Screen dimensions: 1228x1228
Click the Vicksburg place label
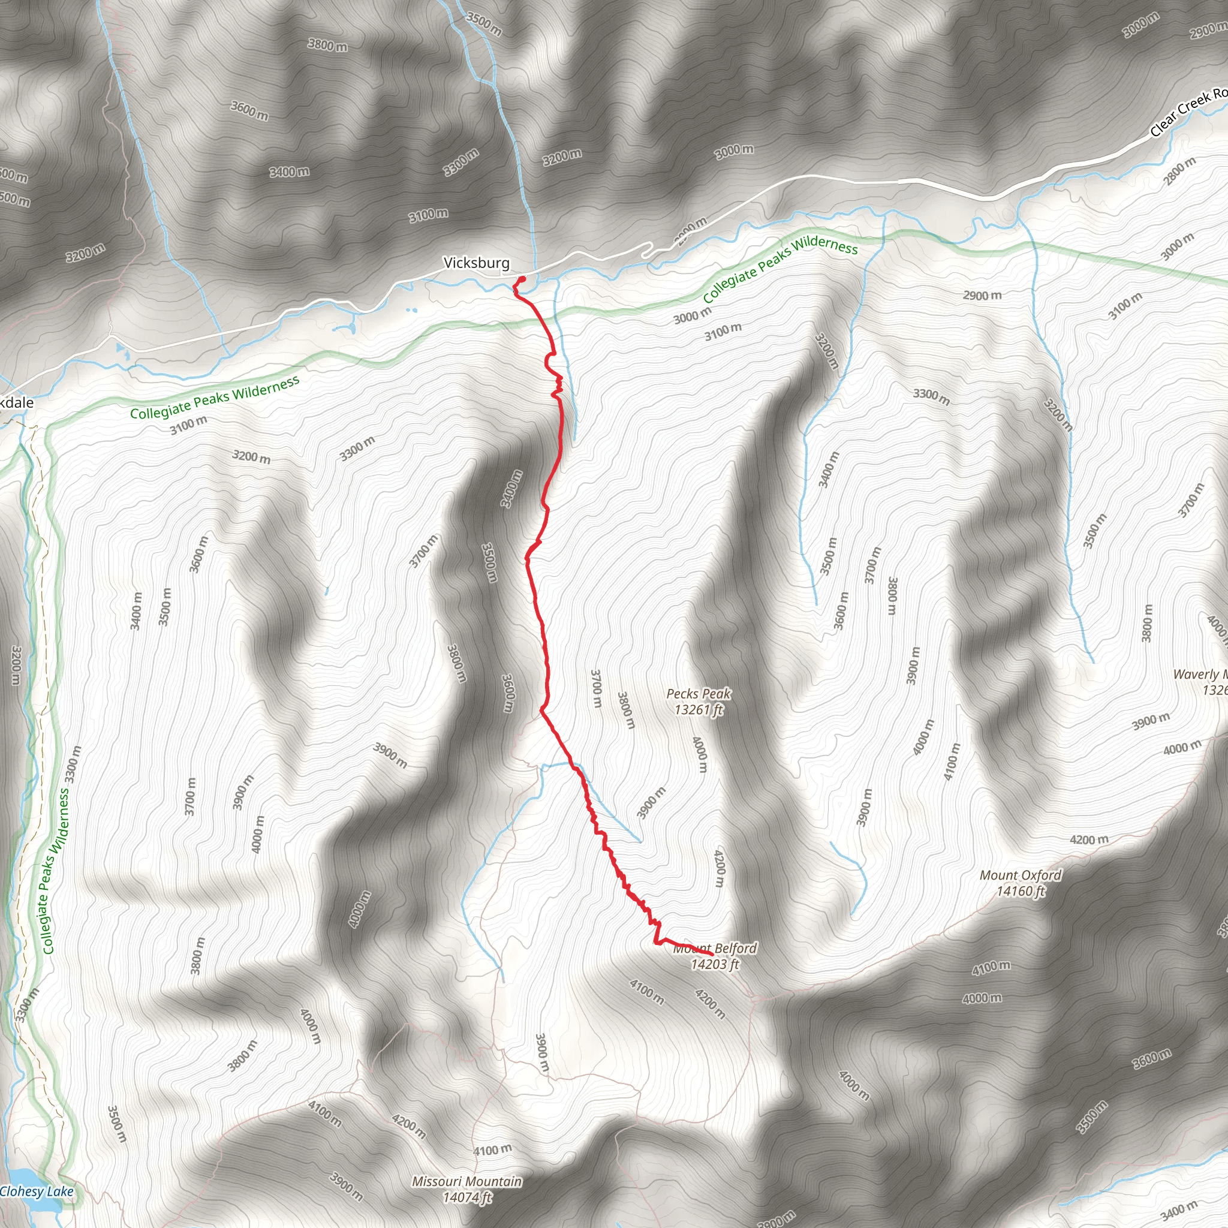pyautogui.click(x=476, y=263)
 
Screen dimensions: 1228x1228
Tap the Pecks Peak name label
pyautogui.click(x=698, y=694)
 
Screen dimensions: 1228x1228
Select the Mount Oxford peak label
pyautogui.click(x=1020, y=875)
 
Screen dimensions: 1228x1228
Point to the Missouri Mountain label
pyautogui.click(x=466, y=1181)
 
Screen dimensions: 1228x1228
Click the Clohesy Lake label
pyautogui.click(x=37, y=1191)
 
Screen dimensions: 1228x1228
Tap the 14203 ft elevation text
pyautogui.click(x=715, y=964)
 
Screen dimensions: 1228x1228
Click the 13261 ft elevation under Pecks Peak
pyautogui.click(x=699, y=709)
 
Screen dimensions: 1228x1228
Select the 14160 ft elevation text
pyautogui.click(x=1021, y=891)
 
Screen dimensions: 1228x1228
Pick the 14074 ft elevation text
pyautogui.click(x=468, y=1197)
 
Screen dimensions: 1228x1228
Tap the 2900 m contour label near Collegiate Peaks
pyautogui.click(x=982, y=296)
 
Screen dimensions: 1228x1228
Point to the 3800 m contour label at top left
pyautogui.click(x=327, y=45)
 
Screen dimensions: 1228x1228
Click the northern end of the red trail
pyautogui.click(x=522, y=278)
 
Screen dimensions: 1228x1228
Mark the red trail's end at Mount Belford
pyautogui.click(x=711, y=954)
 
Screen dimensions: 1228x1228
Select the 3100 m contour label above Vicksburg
pyautogui.click(x=428, y=215)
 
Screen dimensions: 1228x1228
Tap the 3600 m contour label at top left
pyautogui.click(x=249, y=110)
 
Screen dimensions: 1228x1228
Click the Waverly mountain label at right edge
pyautogui.click(x=1198, y=675)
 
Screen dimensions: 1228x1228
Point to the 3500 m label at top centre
pyautogui.click(x=484, y=23)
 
